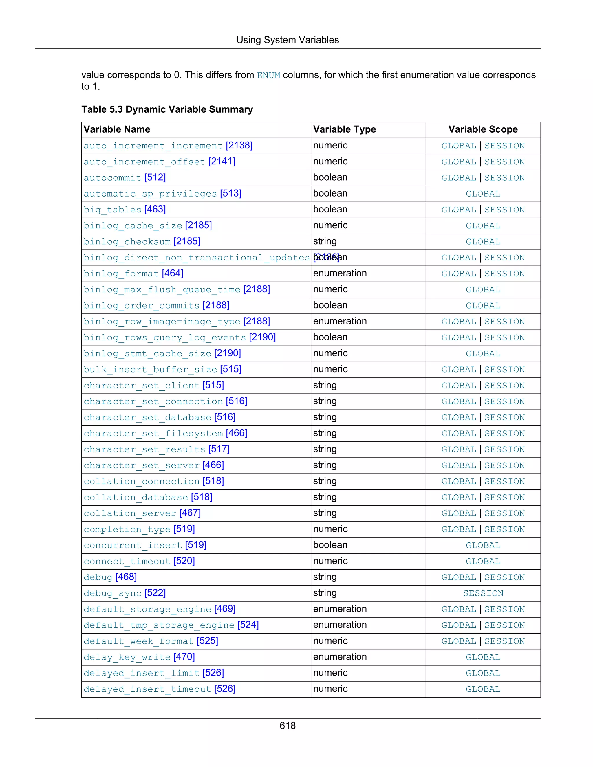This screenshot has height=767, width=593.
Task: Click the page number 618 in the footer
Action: coord(287,725)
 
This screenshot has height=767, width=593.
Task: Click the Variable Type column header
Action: coord(344,130)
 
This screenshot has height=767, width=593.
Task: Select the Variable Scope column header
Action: coord(483,130)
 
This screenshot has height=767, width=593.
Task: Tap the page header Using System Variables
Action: coord(287,40)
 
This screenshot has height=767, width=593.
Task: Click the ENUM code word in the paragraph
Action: coord(268,76)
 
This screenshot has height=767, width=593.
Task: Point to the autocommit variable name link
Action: coord(112,178)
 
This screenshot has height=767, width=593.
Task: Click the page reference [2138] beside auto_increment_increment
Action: coord(239,145)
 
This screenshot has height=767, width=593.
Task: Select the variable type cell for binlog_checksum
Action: coord(325,242)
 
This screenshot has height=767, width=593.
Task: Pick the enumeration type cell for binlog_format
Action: coord(340,274)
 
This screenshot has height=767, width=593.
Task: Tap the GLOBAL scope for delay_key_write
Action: coord(483,657)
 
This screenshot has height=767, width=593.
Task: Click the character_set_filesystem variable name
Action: coord(153,434)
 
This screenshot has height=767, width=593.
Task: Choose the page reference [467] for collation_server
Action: coord(190,513)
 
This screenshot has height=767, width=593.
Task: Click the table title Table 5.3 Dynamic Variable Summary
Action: coord(167,110)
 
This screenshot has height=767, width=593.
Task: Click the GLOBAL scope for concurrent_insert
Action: coord(483,545)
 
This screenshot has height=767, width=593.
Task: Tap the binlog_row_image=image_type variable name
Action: coord(162,322)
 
